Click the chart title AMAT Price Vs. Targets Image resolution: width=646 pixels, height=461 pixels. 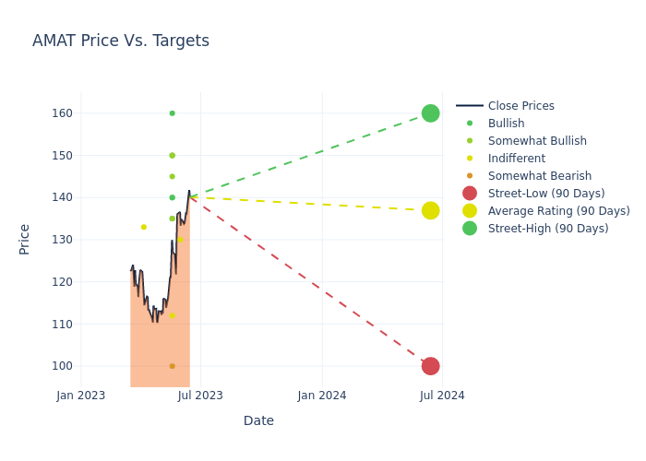[x=121, y=41]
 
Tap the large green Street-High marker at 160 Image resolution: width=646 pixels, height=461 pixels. [x=430, y=113]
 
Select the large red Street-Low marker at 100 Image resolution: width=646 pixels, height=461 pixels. [x=430, y=366]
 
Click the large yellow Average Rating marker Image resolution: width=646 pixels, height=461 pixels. [x=430, y=210]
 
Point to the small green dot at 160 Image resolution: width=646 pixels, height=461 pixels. [x=172, y=113]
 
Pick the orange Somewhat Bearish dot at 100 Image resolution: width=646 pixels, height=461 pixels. [x=172, y=366]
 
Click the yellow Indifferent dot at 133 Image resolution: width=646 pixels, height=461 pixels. [x=144, y=227]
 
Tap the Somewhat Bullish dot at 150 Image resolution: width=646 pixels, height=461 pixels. [x=172, y=156]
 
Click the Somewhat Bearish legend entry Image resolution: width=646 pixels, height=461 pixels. [x=539, y=176]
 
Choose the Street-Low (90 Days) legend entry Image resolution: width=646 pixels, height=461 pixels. [x=545, y=194]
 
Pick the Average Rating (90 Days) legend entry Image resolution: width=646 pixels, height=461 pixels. [x=558, y=211]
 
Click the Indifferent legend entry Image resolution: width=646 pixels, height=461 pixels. [x=516, y=159]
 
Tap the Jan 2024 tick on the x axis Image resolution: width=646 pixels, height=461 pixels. [x=322, y=396]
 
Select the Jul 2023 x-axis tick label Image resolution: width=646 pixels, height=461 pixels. [x=200, y=396]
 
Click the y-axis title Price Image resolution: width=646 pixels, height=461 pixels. [x=25, y=239]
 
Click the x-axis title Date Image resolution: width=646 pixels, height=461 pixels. [x=258, y=420]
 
